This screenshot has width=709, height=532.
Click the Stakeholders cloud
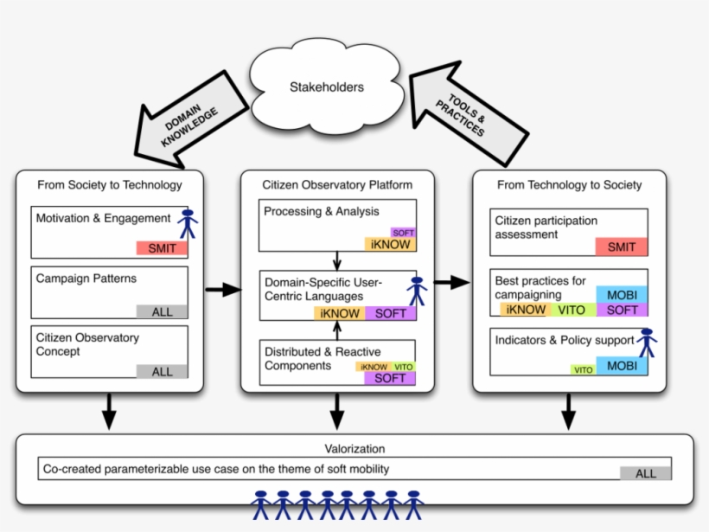pyautogui.click(x=326, y=87)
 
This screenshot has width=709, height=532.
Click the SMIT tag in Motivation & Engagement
pyautogui.click(x=162, y=248)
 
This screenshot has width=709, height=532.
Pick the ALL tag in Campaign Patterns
pyautogui.click(x=162, y=311)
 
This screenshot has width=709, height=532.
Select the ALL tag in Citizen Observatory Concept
pyautogui.click(x=162, y=371)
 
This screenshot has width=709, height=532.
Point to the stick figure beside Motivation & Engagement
pyautogui.click(x=188, y=223)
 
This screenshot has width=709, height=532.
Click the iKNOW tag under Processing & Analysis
pyautogui.click(x=390, y=245)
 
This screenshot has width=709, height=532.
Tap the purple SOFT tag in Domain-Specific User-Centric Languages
pyautogui.click(x=391, y=313)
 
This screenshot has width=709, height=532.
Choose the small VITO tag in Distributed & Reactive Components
pyautogui.click(x=404, y=367)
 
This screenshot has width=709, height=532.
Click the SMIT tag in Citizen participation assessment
pyautogui.click(x=621, y=247)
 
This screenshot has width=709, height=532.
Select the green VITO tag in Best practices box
pyautogui.click(x=572, y=310)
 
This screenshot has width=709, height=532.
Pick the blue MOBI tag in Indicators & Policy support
pyautogui.click(x=622, y=366)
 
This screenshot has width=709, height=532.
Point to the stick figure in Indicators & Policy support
pyautogui.click(x=647, y=343)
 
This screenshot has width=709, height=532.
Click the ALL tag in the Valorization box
pyautogui.click(x=645, y=473)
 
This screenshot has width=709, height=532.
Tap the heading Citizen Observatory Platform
pyautogui.click(x=337, y=184)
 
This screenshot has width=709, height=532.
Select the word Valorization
pyautogui.click(x=354, y=449)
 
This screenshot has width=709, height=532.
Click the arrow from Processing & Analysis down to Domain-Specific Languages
pyautogui.click(x=337, y=261)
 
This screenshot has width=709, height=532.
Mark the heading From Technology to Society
pyautogui.click(x=569, y=184)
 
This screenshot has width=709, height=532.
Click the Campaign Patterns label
pyautogui.click(x=86, y=279)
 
